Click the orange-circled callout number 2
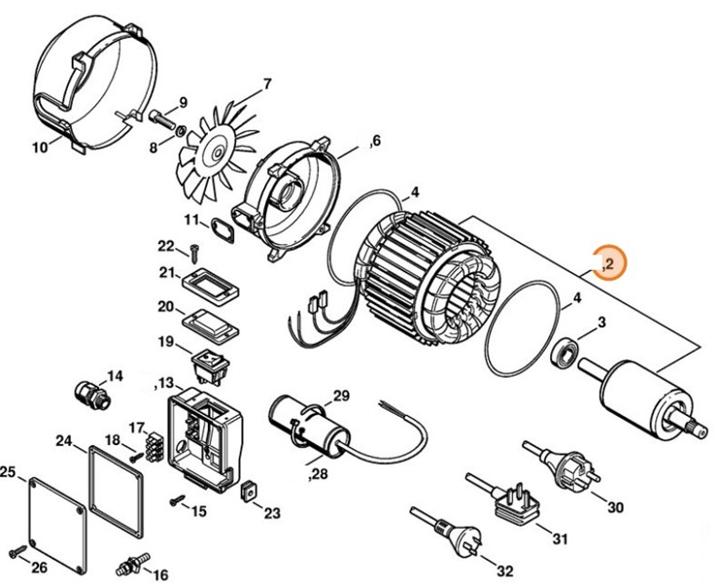pos(609,263)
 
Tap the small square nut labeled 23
pos(249,492)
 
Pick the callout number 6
pos(374,143)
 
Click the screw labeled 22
pos(193,255)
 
